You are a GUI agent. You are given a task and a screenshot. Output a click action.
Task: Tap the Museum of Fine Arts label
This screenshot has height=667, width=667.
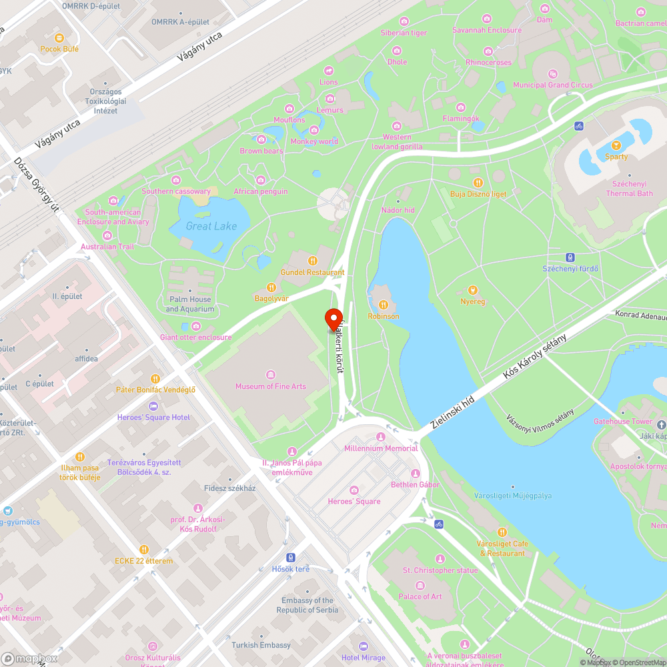point(270,386)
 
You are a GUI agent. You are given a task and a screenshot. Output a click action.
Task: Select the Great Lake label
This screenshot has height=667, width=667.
point(211,226)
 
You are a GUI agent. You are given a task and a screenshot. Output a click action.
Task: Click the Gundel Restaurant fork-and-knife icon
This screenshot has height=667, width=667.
point(312,261)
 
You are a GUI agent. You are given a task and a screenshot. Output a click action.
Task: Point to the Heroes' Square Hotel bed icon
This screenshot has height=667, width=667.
point(153,406)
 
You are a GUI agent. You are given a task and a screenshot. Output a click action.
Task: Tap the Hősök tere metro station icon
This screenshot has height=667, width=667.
point(291,557)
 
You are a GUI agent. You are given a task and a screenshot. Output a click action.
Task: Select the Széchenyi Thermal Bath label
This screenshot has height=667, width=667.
point(629,189)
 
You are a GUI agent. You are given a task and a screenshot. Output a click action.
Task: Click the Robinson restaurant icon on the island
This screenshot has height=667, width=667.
point(383,305)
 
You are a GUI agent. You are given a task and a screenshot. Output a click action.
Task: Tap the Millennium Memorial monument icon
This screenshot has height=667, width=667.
point(381,437)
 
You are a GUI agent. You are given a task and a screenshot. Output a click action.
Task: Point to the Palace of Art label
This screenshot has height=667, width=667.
point(420,596)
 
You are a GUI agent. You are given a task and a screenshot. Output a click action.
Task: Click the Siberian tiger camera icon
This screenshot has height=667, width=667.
point(404,21)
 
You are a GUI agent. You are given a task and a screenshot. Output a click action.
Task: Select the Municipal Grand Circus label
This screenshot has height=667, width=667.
point(552,85)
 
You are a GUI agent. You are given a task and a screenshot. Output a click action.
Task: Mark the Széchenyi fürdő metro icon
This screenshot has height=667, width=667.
point(570,257)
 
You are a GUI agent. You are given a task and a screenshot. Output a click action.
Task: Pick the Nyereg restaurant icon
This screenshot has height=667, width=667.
point(473,290)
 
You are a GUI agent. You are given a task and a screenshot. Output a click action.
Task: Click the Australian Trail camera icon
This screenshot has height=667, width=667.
point(107,235)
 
